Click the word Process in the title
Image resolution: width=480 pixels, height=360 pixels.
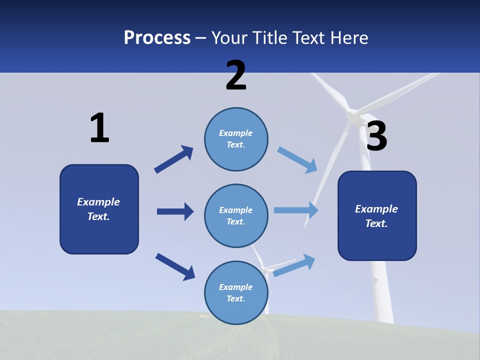[157, 38]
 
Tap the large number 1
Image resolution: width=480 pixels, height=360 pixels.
[99, 128]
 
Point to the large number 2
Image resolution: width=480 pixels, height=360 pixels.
[236, 76]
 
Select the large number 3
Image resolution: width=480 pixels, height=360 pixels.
[377, 136]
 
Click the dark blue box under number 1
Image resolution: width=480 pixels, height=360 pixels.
[99, 209]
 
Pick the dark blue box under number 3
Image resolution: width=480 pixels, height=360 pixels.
[377, 216]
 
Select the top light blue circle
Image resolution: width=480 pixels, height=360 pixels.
[236, 139]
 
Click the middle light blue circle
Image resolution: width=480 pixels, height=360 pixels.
[236, 216]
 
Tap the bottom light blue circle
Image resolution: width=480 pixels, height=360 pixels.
[236, 293]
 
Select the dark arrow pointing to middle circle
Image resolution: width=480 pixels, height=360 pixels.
[175, 211]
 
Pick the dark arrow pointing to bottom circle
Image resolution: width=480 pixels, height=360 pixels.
[175, 266]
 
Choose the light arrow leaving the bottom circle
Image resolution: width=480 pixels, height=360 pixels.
[294, 265]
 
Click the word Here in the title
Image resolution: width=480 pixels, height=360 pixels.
[350, 38]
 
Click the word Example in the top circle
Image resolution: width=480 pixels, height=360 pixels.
[236, 133]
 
